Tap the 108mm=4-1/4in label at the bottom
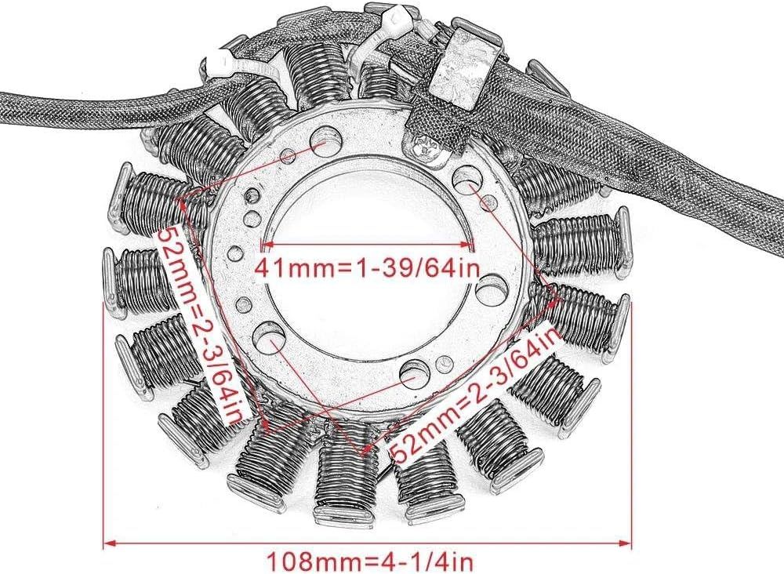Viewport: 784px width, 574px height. click(368, 561)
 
